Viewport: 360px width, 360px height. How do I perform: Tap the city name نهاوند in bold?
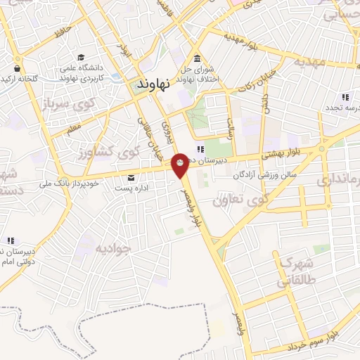(x=151, y=84)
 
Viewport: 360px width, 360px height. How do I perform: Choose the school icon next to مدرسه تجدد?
(x=345, y=97)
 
